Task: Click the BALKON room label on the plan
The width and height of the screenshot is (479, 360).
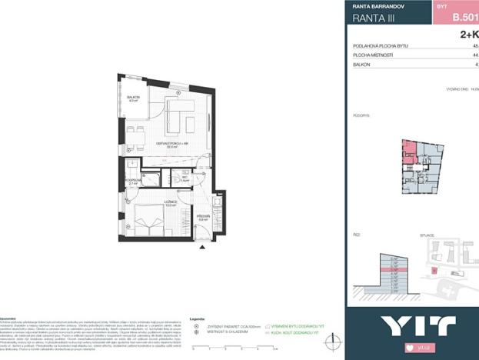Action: tap(133, 97)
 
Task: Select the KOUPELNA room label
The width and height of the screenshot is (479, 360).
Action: tap(133, 182)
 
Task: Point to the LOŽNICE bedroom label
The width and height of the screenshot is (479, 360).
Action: tap(170, 202)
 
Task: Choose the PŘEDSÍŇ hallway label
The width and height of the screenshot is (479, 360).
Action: tap(204, 217)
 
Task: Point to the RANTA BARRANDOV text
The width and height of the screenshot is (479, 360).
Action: tap(379, 5)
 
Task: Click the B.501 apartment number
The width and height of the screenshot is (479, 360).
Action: tap(463, 17)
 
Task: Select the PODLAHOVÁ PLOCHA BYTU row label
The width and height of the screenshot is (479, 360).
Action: tap(381, 46)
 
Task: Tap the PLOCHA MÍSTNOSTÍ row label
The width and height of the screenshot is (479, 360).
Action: tap(373, 55)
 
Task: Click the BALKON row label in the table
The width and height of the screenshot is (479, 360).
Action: tap(363, 65)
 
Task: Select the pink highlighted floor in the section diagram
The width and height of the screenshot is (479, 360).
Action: tap(394, 270)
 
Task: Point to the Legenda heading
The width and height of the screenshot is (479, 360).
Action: tap(197, 318)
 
